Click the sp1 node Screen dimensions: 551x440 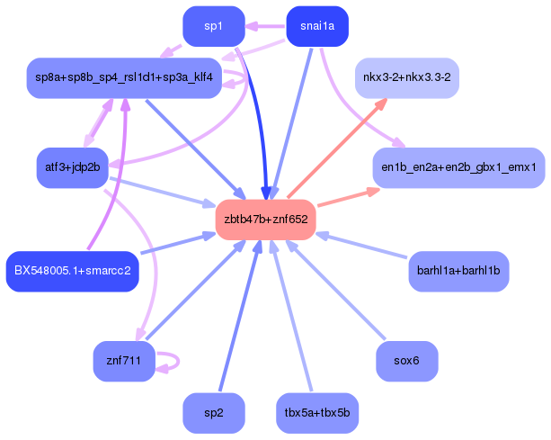coord(214,26)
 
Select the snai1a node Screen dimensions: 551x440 coord(317,26)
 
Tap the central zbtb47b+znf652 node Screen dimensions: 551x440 coord(266,220)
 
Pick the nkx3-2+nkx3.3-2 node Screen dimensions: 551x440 coord(407,77)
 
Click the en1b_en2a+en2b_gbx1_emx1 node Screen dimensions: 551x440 coord(458,167)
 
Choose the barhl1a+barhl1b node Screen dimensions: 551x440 coord(458,271)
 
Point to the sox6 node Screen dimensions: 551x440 coord(407,361)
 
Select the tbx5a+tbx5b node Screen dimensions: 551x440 coord(317,413)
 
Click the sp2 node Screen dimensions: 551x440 coord(214,413)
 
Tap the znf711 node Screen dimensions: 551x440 coord(124,361)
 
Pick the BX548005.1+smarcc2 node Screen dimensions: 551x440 coord(73,271)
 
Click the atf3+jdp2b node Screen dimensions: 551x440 coord(73,167)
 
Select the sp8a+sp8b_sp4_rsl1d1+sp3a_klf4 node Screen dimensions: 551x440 coord(124,77)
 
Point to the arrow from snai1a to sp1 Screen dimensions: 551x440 coord(265,26)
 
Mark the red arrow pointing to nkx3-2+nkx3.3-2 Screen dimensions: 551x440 coord(337,148)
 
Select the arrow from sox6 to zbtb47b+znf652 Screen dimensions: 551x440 coord(335,290)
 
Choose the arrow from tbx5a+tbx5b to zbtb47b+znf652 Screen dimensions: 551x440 coord(291,316)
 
